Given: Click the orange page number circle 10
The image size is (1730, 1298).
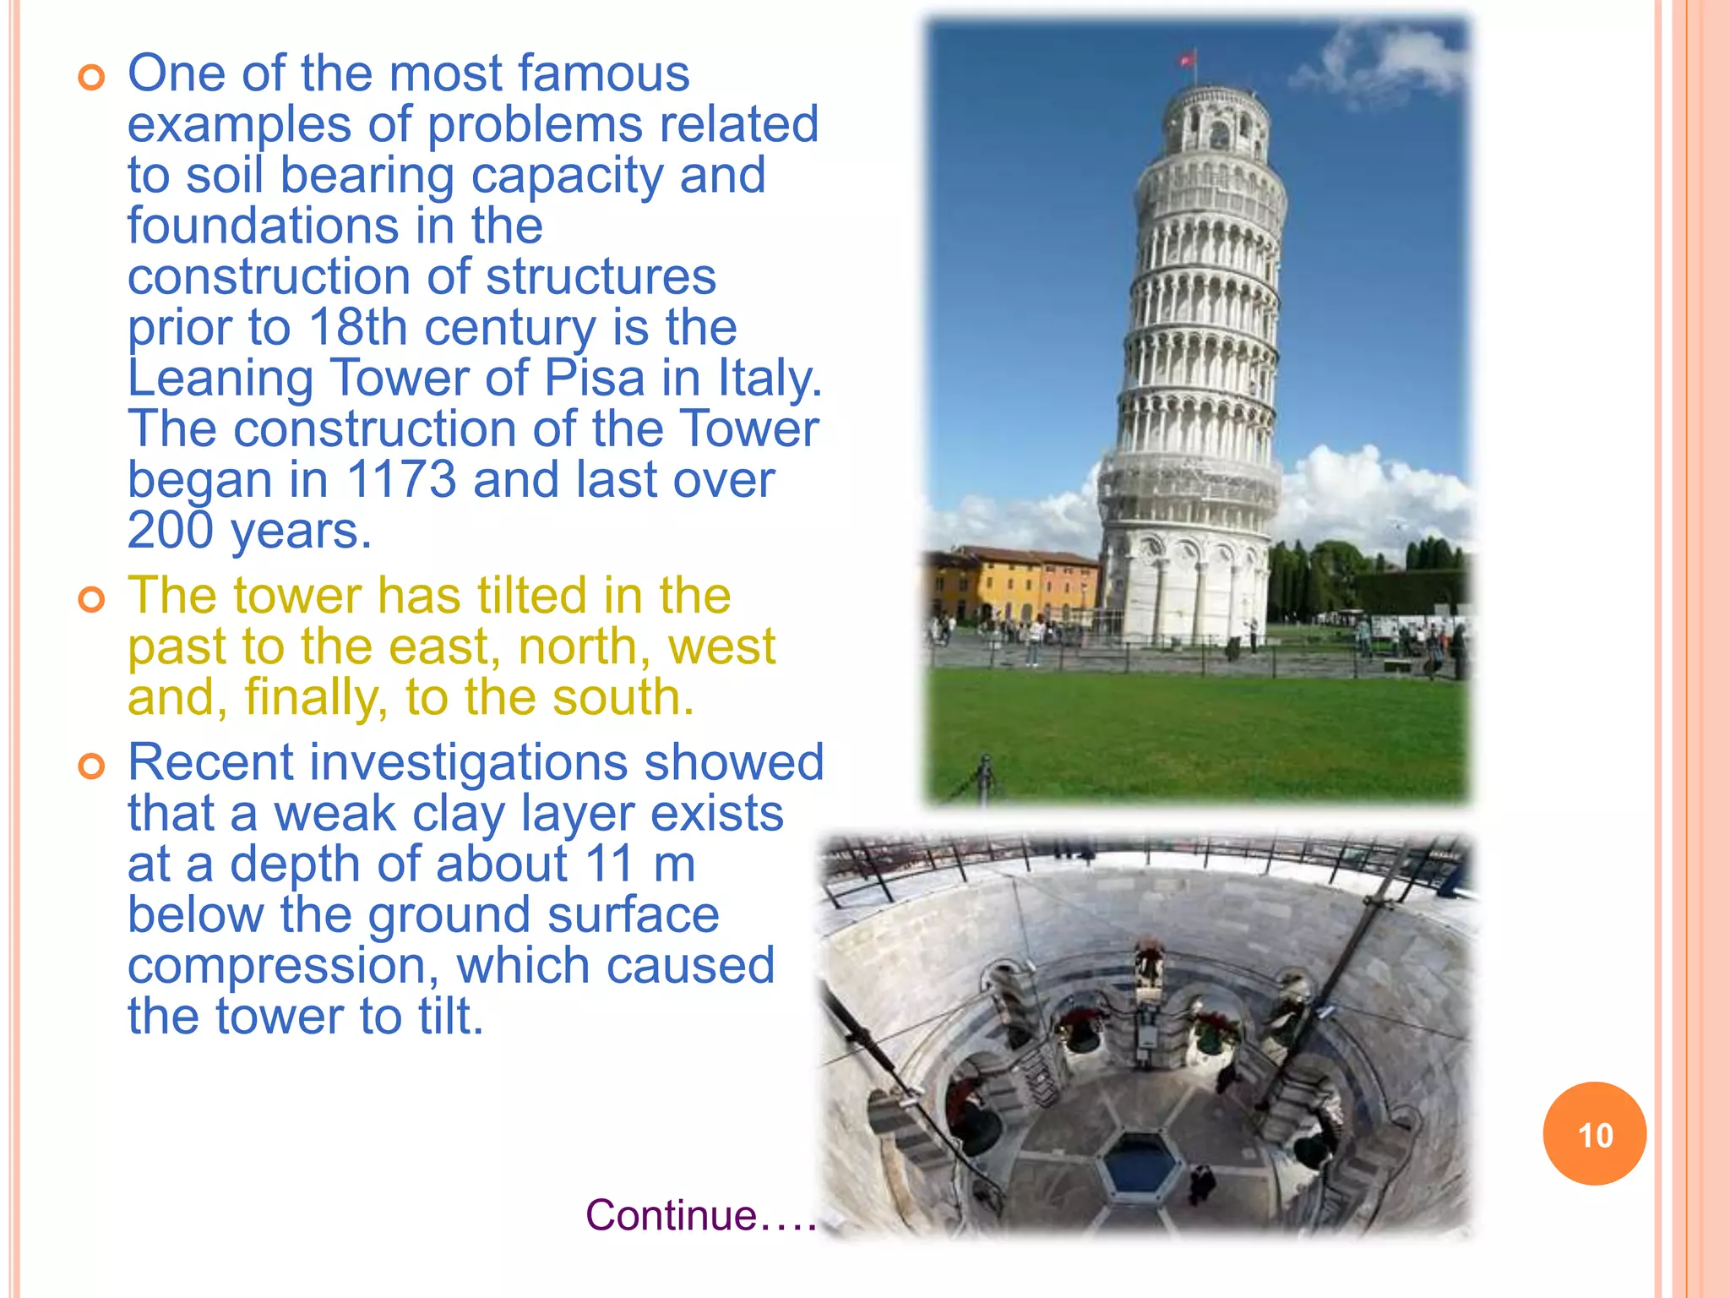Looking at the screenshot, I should [1594, 1134].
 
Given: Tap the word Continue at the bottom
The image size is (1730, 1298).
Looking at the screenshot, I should [672, 1215].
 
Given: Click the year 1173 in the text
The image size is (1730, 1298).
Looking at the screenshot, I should [401, 479].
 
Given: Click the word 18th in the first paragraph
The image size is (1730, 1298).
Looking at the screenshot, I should [358, 327].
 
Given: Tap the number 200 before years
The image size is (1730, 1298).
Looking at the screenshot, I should [171, 531].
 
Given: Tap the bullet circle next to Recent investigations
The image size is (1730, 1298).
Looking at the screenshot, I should [91, 766].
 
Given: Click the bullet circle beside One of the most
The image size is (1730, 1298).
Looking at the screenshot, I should [91, 78].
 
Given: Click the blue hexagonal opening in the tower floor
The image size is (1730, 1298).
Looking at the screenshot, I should [1140, 1164].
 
